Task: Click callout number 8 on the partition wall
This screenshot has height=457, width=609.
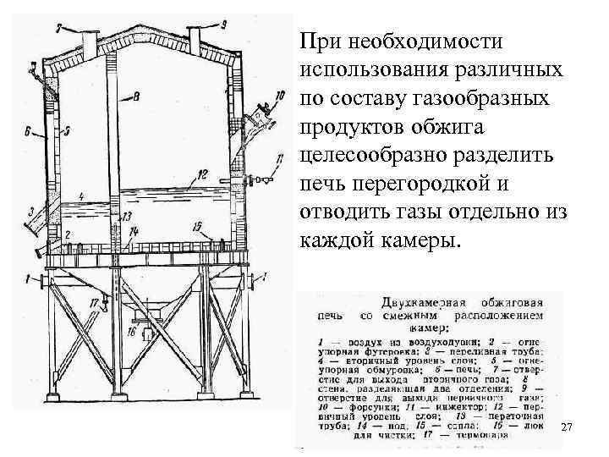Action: pos(137,99)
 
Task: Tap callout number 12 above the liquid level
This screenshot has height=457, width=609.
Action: pos(200,175)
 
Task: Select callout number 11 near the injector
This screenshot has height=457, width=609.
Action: pos(280,158)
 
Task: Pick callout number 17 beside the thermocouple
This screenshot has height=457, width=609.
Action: pos(92,300)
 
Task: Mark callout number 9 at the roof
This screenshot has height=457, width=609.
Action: pos(223,23)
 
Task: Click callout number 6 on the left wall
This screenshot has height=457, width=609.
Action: pos(28,131)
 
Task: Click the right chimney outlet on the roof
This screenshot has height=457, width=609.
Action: pos(194,37)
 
